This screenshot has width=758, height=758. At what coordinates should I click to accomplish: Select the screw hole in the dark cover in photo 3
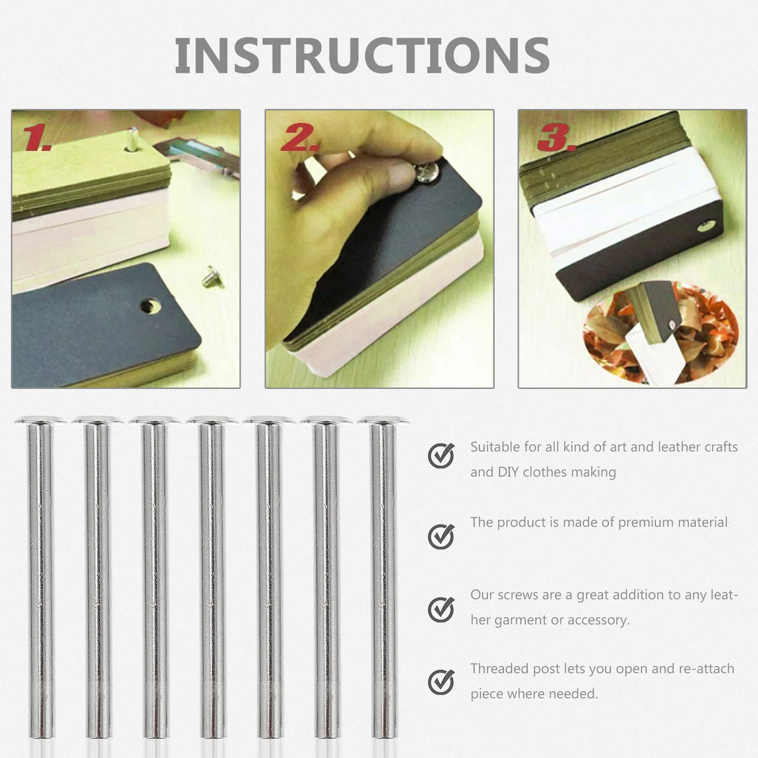704,229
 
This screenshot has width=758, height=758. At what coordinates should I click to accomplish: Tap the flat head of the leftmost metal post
41,420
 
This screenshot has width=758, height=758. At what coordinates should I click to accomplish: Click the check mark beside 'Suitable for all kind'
441,456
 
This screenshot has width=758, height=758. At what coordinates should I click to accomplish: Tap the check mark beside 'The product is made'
441,536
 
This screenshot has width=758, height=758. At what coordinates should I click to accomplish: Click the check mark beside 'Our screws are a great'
441,609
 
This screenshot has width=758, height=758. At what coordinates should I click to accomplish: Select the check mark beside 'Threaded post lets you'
441,682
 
